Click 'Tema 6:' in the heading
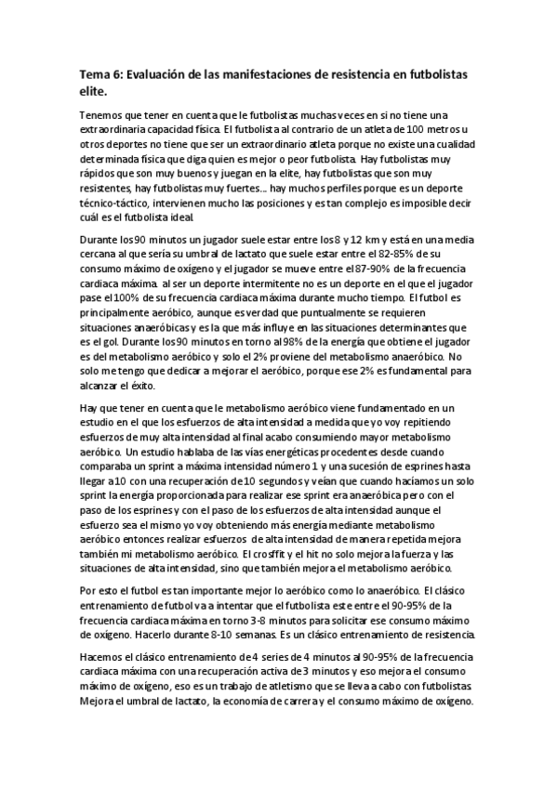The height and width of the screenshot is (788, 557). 103,73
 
